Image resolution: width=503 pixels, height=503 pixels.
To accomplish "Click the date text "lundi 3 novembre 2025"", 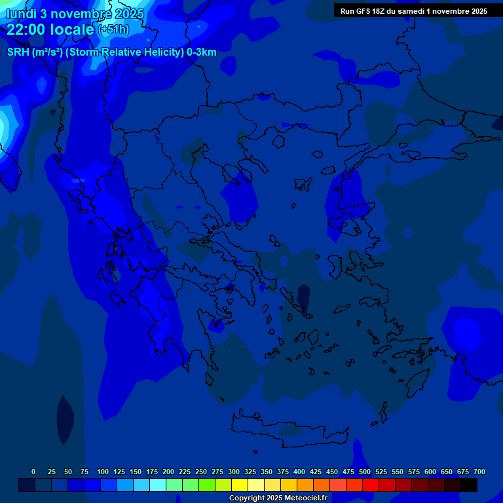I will coord(76,14).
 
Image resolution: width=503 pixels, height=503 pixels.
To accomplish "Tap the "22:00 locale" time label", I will coord(50,29).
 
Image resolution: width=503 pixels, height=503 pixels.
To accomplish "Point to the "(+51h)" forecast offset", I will coord(113,30).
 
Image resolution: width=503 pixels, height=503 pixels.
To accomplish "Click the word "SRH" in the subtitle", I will coord(18,52).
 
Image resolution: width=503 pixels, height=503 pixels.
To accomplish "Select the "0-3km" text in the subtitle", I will coord(202,52).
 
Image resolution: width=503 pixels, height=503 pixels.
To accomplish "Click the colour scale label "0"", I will coord(33,472).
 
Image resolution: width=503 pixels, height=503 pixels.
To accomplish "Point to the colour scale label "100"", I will coord(103,472).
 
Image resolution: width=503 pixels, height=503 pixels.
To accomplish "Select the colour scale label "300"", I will coord(234,472).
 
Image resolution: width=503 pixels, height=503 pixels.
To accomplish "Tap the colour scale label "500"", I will coord(365,472).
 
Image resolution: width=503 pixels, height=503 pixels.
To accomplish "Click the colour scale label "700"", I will coord(479,472).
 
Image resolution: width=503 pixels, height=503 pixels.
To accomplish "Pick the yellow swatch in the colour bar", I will coord(240,485).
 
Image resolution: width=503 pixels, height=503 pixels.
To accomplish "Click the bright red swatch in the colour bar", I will coord(371,485).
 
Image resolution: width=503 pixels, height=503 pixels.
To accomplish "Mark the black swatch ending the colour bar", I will coord(469,485).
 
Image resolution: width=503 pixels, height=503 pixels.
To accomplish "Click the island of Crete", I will coord(288,432).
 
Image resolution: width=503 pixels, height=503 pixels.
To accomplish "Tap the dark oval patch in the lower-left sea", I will coord(65,419).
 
